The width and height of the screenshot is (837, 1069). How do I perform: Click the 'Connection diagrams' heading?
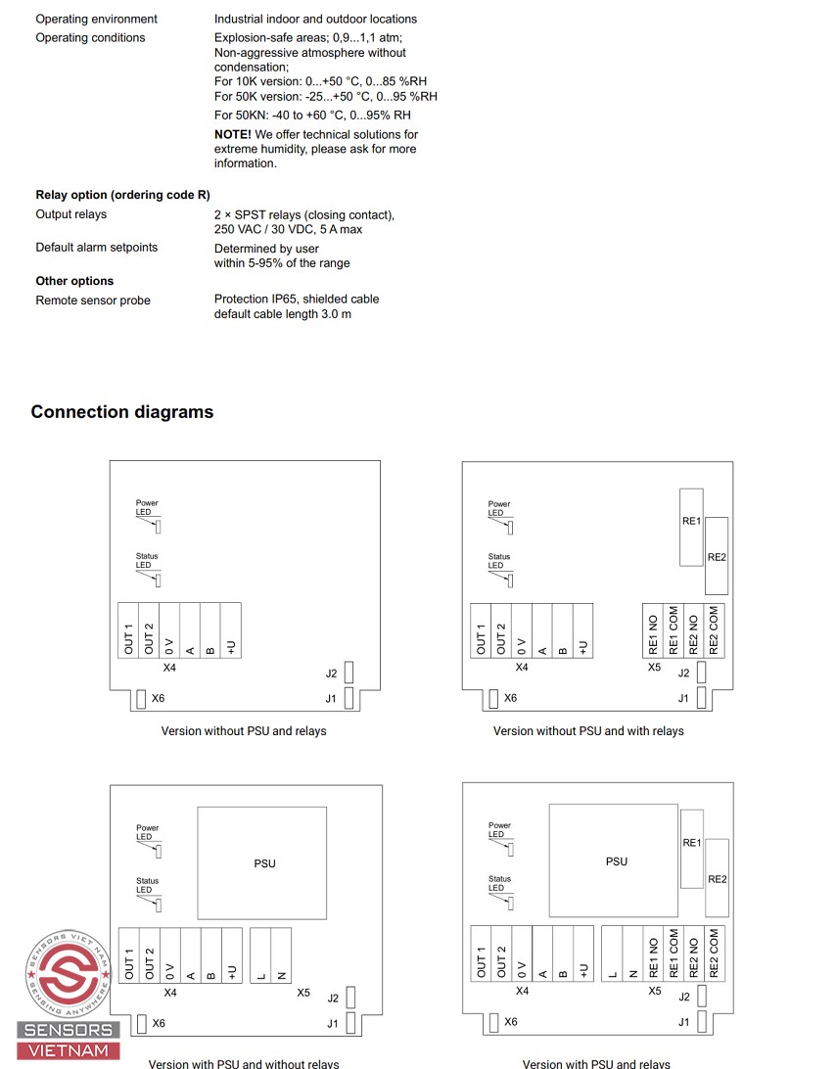[121, 412]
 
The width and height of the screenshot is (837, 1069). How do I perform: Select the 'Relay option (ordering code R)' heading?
[122, 195]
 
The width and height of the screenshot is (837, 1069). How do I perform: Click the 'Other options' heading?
[74, 281]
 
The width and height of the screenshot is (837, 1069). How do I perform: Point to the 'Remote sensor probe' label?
[93, 301]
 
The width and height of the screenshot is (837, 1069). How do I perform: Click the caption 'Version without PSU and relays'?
[244, 731]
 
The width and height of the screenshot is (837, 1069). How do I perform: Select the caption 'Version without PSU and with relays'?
[588, 731]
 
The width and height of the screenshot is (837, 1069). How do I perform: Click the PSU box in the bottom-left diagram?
[262, 862]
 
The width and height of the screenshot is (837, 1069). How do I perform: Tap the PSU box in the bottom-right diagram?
[615, 860]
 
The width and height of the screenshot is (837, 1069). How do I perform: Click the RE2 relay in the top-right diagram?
[717, 557]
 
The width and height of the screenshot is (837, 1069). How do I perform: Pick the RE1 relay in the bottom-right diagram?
[691, 842]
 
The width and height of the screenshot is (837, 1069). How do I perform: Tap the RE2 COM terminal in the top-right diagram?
[714, 629]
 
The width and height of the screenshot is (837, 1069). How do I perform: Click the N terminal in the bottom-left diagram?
[281, 955]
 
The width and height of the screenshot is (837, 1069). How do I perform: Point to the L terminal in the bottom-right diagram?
[612, 954]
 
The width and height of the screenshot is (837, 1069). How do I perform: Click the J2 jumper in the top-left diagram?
[350, 673]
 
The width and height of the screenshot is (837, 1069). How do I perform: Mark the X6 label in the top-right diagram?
[510, 698]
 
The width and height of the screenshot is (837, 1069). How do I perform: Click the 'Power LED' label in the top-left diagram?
[147, 507]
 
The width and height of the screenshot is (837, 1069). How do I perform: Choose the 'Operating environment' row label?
[96, 19]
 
